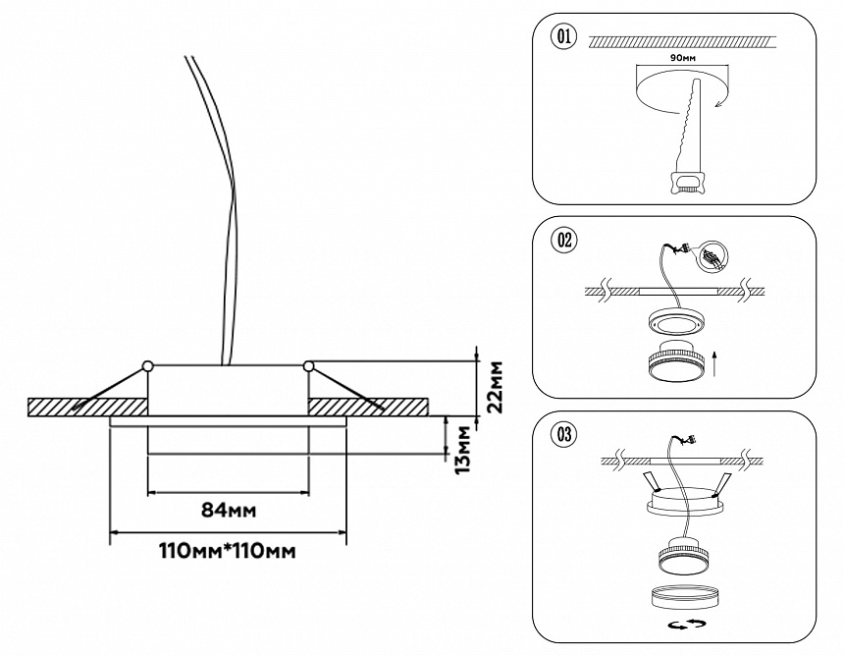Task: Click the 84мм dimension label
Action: coord(228,509)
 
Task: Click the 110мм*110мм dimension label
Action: coord(228,551)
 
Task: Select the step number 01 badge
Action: coord(563,38)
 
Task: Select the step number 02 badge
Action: coord(564,240)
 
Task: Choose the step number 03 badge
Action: coord(564,433)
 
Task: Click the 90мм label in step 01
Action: coord(681,58)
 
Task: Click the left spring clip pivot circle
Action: coord(147,366)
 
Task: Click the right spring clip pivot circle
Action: coord(309,366)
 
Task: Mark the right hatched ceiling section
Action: coord(368,407)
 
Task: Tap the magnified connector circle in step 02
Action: coord(712,256)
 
